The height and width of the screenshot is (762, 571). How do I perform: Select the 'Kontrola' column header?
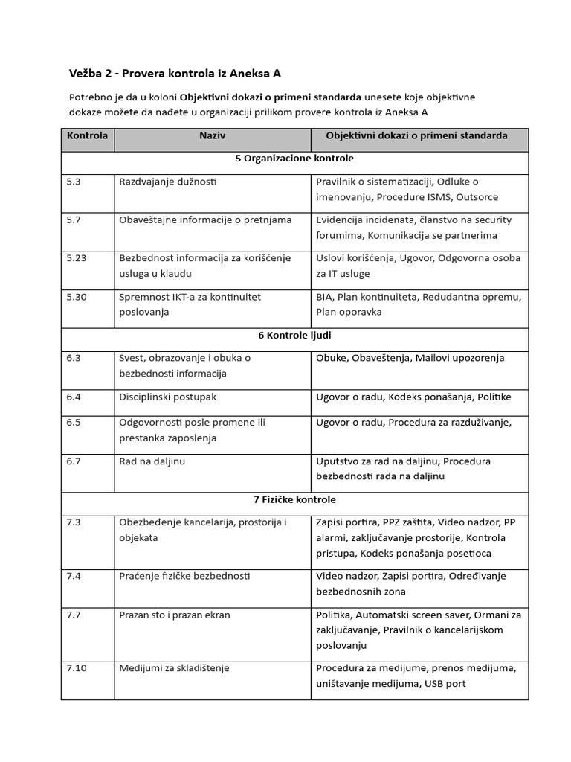pos(87,136)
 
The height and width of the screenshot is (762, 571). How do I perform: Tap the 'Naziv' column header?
pos(212,136)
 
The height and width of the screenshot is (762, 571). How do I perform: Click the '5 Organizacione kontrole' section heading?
pos(294,159)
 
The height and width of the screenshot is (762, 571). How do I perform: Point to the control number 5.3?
pos(73,182)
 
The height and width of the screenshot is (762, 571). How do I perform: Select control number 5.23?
pos(76,258)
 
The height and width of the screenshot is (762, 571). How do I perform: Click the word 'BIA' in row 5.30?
pos(324,297)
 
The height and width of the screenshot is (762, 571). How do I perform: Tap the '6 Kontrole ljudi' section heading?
pos(294,336)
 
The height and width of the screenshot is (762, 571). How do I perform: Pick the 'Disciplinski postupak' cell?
pos(167,397)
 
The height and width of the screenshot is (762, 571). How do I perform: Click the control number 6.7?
pos(73,461)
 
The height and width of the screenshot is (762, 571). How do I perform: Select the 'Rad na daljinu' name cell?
pos(152,461)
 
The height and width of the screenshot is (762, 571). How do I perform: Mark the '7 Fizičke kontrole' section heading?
pos(294,499)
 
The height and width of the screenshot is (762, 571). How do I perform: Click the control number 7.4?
pos(73,577)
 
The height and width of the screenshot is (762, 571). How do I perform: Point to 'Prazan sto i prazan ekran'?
pos(174,615)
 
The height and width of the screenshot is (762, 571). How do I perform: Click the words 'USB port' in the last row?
pos(445,684)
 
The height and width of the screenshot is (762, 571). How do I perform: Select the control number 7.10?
pos(76,668)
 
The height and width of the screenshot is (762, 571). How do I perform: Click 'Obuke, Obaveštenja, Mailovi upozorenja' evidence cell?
pos(410,358)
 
